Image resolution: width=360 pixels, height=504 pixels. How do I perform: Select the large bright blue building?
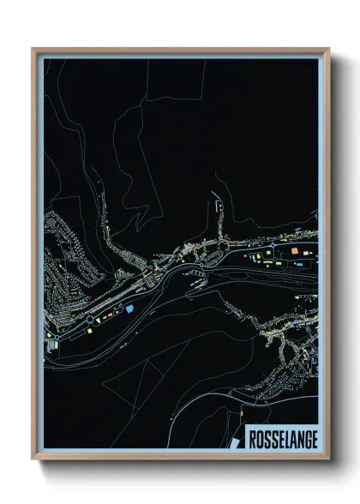pos(129,308)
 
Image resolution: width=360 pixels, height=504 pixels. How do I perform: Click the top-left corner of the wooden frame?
pos(33,49)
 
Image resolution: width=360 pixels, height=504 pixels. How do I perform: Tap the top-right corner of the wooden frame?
pos(329,49)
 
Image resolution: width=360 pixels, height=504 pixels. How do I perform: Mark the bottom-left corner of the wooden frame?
pos(33,460)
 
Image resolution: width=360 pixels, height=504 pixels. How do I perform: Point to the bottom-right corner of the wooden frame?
pos(329,460)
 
